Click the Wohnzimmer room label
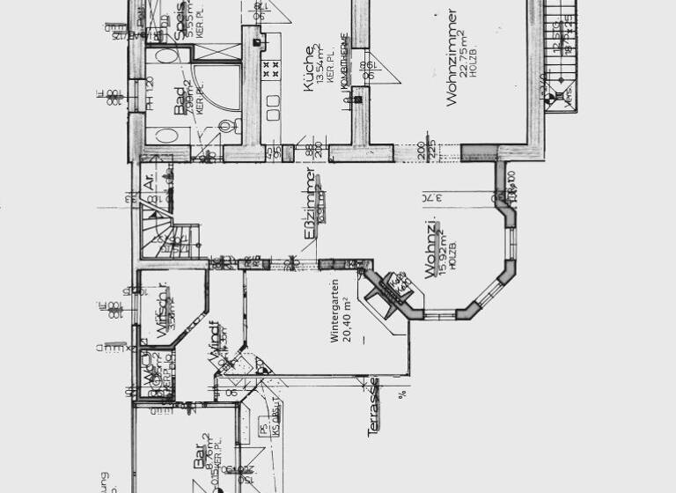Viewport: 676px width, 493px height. [x=452, y=58]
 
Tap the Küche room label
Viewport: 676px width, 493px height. [x=309, y=64]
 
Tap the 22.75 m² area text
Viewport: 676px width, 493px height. [x=466, y=58]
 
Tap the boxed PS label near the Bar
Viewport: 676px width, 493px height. [x=263, y=429]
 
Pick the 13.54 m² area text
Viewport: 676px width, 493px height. [x=321, y=64]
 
